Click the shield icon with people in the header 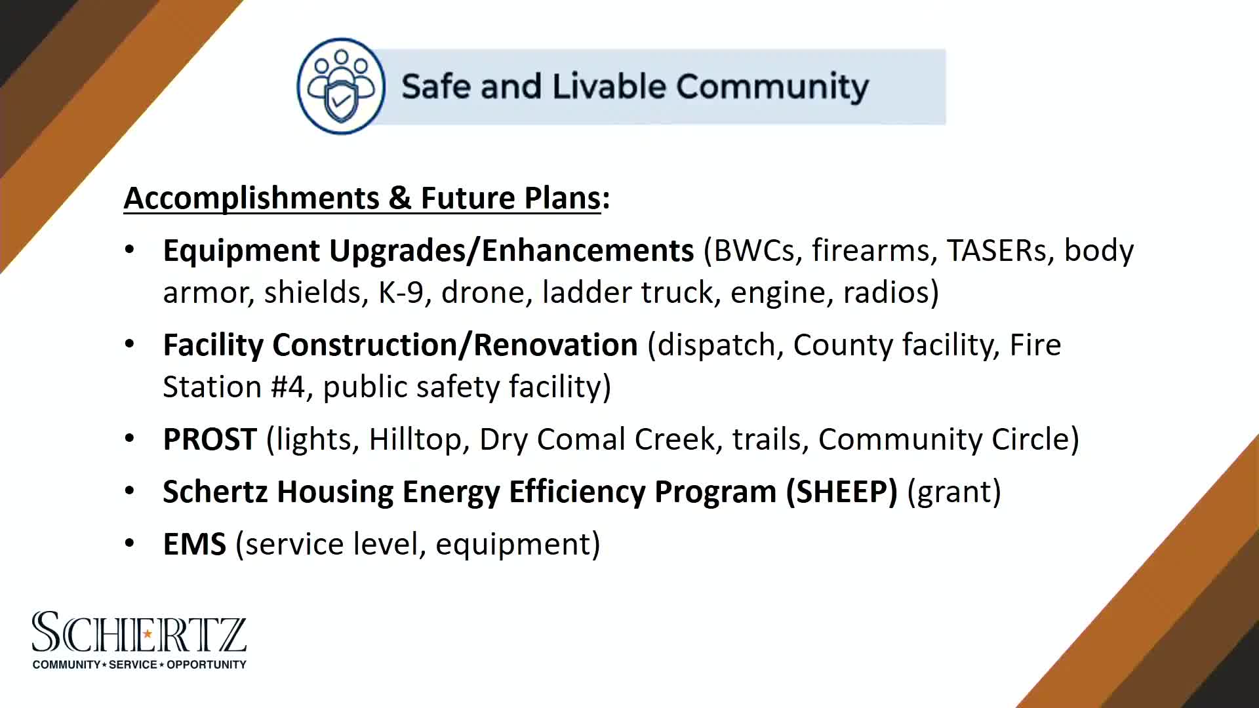coord(340,86)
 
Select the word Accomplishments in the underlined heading coord(251,198)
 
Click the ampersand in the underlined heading coord(400,198)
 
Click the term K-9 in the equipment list coord(401,292)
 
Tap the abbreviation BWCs coord(753,250)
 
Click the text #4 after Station coord(287,387)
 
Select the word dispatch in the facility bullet coord(716,345)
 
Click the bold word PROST coord(209,439)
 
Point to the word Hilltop coord(414,439)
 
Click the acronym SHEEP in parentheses coord(841,492)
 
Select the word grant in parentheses coord(953,492)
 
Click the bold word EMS coord(194,544)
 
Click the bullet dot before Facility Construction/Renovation coord(130,344)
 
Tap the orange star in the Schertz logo coord(148,633)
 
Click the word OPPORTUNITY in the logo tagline coord(206,665)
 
